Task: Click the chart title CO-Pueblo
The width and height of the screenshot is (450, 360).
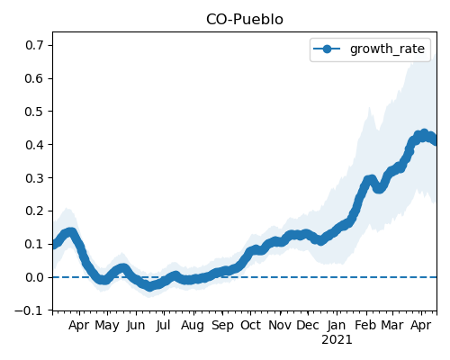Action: tap(245, 20)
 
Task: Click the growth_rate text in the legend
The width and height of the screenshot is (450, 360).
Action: tap(387, 49)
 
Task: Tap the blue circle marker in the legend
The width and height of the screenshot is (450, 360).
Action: tap(327, 49)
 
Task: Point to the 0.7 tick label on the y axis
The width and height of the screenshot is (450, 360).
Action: tap(34, 46)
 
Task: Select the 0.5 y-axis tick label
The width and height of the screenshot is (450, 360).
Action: tap(34, 112)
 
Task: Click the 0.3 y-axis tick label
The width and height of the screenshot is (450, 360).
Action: tap(34, 178)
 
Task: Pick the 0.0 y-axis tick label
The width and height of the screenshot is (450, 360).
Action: tap(34, 277)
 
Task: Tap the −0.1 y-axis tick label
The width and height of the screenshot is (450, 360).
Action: tap(29, 310)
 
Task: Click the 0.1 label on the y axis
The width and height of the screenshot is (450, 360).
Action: tap(34, 244)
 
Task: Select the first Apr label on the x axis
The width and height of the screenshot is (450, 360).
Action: tap(79, 326)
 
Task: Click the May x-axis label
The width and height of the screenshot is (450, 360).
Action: tap(107, 326)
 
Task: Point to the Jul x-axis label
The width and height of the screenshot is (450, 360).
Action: tap(163, 326)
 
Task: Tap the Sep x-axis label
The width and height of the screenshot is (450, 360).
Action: tap(222, 326)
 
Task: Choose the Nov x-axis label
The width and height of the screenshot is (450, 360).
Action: tap(280, 326)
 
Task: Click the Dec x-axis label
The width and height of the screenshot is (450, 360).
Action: tap(308, 326)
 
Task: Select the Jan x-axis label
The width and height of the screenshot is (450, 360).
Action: tap(337, 326)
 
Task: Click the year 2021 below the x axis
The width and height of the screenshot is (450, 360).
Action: tap(337, 340)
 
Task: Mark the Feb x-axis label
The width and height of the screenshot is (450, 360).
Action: tap(365, 326)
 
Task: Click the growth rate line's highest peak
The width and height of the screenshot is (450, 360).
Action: tap(424, 134)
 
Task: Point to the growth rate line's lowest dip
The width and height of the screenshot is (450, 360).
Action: tap(149, 287)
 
